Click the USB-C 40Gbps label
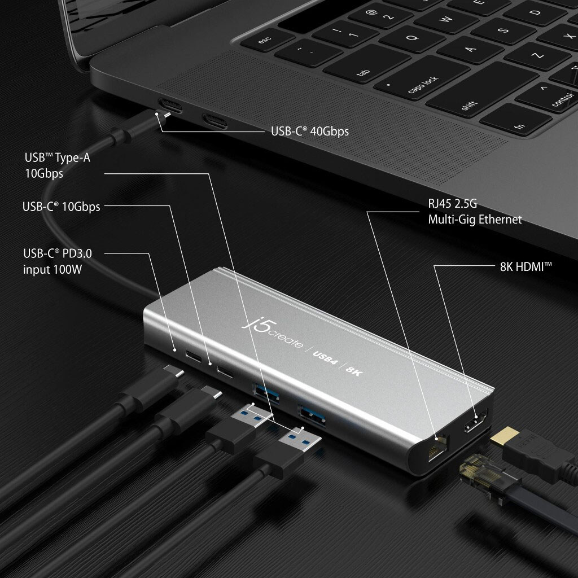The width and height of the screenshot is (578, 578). (309, 132)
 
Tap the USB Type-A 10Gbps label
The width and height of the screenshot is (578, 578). (57, 165)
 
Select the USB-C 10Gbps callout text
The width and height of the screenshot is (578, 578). (62, 207)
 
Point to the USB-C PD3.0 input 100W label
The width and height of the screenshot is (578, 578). (57, 261)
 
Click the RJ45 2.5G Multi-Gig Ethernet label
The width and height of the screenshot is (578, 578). (475, 212)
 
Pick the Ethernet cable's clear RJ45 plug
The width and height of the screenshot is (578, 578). (480, 476)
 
